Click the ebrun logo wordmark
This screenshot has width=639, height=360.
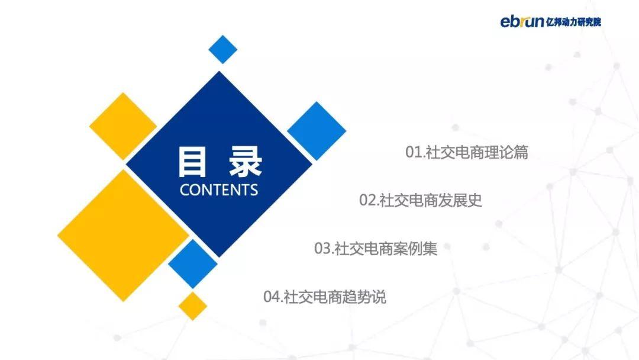click(522, 21)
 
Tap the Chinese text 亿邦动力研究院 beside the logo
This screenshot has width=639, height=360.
click(573, 22)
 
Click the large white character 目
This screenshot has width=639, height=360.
click(192, 162)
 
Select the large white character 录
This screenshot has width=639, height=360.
click(246, 162)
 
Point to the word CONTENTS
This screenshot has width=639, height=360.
click(219, 190)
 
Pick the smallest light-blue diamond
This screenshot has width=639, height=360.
click(223, 49)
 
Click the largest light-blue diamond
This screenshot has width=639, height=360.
click(317, 131)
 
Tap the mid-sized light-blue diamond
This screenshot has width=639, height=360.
click(193, 263)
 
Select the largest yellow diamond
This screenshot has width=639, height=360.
click(123, 236)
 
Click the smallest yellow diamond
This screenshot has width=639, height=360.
click(193, 306)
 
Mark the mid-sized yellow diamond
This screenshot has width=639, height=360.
click(123, 126)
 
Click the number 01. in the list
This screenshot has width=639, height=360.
click(415, 152)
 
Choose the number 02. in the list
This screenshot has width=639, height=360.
click(369, 200)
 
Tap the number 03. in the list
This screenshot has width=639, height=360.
click(324, 248)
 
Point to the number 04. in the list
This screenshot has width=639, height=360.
click(273, 297)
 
